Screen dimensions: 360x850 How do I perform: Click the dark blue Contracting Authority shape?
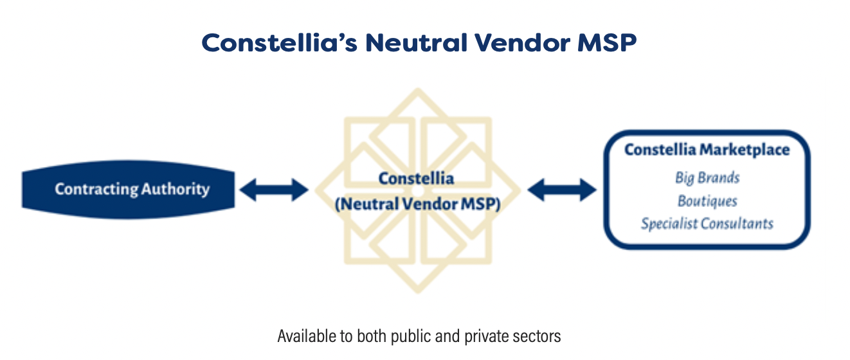[x=129, y=190]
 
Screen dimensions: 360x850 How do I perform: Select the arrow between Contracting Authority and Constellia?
[x=275, y=190]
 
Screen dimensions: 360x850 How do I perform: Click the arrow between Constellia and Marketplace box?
[x=562, y=190]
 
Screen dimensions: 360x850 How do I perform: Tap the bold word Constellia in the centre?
[x=416, y=178]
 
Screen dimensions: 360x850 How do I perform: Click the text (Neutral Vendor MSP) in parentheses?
[x=417, y=204]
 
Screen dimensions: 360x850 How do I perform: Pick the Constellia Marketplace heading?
[x=707, y=150]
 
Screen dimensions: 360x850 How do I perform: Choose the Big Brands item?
[x=707, y=177]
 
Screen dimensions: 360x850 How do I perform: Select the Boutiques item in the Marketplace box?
[x=707, y=201]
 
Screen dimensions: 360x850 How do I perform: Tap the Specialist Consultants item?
[x=707, y=224]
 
